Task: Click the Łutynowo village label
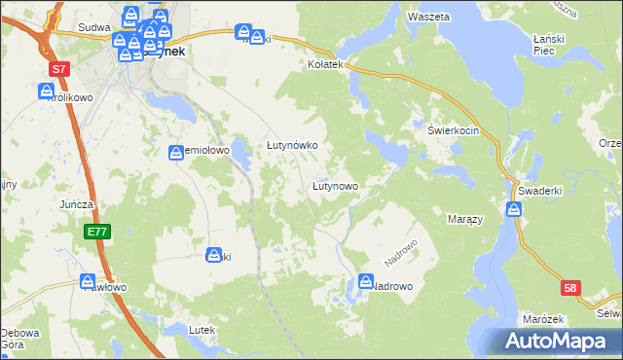[336, 185]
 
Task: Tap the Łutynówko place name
[293, 145]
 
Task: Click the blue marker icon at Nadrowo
[366, 281]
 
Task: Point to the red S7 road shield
[60, 69]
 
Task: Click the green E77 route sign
[95, 232]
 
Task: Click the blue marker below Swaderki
[516, 209]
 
